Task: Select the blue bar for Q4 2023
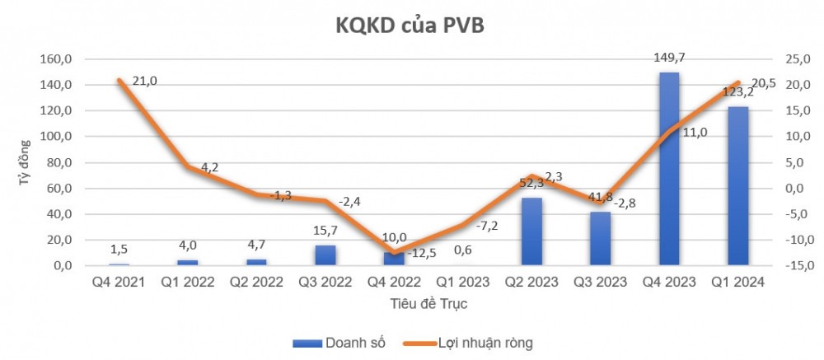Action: pyautogui.click(x=669, y=169)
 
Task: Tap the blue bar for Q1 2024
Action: pyautogui.click(x=737, y=185)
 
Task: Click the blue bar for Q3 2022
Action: pyautogui.click(x=325, y=255)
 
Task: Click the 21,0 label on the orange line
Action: pyautogui.click(x=143, y=80)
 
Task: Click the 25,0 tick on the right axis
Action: pyautogui.click(x=789, y=59)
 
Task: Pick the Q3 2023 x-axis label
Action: pyautogui.click(x=601, y=283)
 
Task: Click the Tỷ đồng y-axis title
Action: pyautogui.click(x=25, y=162)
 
